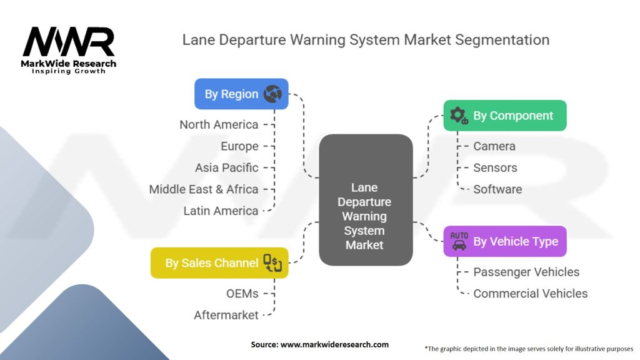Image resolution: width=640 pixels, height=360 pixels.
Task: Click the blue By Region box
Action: pos(241,94)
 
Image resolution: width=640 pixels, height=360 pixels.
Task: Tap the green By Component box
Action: pos(505,116)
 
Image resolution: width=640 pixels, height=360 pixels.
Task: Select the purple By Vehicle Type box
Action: pos(505,241)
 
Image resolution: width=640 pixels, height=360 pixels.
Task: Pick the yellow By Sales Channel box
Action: pos(219,263)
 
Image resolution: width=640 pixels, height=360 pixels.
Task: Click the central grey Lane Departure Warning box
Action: pos(366,200)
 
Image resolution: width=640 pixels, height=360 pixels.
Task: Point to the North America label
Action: pos(219,124)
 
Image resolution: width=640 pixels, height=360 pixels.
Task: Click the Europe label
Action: pos(239,146)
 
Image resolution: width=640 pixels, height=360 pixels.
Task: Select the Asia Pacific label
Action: pos(226,167)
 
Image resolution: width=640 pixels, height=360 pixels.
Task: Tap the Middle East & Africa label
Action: pos(204,189)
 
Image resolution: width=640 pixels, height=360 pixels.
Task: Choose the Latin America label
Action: pos(221,211)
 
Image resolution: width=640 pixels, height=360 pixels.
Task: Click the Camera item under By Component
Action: pos(494,146)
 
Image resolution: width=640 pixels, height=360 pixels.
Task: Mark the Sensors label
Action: pos(495,167)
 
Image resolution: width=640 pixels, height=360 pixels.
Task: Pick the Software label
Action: pos(497,189)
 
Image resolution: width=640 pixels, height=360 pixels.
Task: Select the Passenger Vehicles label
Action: pos(526,272)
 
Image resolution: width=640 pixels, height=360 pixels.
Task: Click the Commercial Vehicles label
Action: pos(531,294)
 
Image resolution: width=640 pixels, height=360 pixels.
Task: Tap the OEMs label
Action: pos(242,294)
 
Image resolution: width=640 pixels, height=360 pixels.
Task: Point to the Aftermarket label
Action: pos(226,315)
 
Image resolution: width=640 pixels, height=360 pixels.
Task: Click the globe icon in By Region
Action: pos(272,94)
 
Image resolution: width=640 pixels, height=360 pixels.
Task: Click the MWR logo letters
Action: pos(69,41)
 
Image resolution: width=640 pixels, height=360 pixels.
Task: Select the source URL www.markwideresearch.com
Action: pos(335,344)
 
